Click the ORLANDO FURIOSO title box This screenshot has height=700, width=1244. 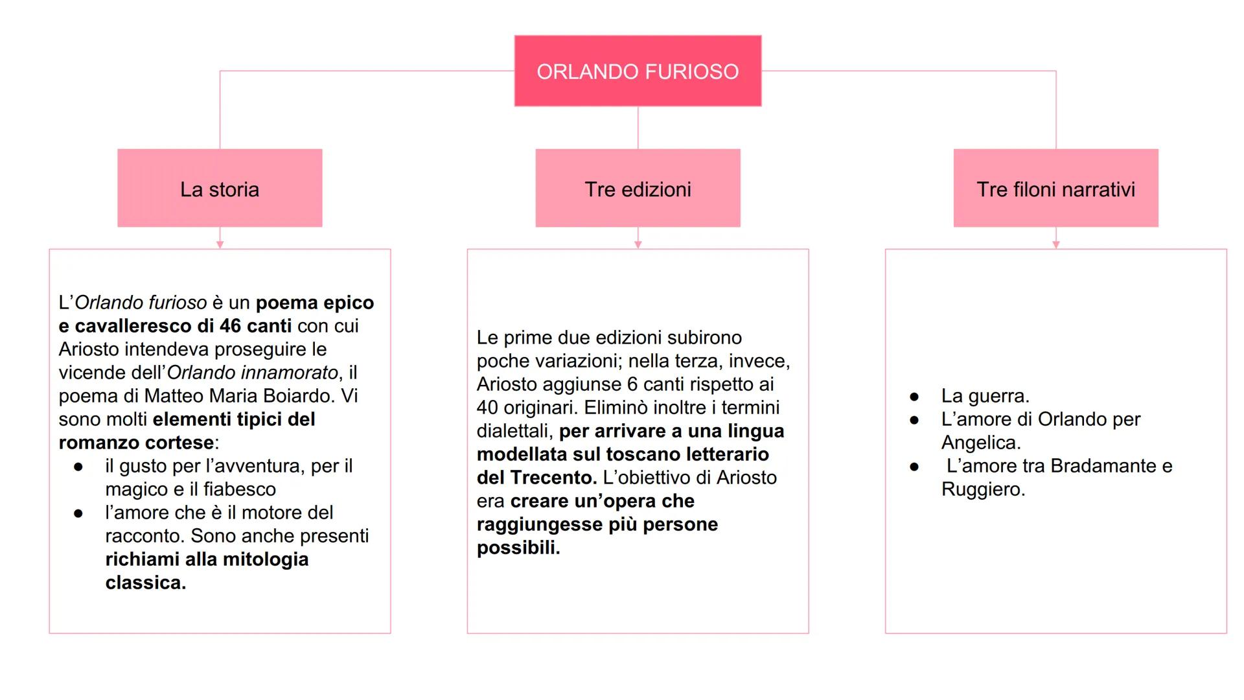638,71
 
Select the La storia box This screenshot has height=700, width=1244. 220,189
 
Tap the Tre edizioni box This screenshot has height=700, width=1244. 638,189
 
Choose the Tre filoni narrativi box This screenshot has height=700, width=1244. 1055,189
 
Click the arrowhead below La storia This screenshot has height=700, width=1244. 220,244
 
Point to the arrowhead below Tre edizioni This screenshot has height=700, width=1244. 638,244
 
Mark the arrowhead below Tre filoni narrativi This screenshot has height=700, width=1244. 1055,244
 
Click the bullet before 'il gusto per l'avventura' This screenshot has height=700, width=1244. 78,467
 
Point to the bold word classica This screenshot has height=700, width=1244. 145,583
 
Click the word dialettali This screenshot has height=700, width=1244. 514,431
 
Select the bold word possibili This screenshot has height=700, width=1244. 518,548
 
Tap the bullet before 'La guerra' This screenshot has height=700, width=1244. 914,396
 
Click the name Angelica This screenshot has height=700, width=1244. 980,443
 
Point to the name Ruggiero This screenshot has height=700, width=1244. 982,489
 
